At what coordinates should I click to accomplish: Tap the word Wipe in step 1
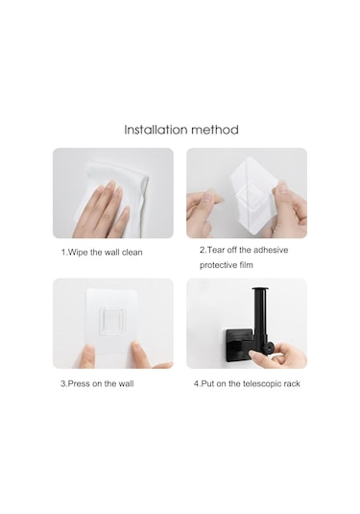[x=78, y=253]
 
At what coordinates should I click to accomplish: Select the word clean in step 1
[x=132, y=253]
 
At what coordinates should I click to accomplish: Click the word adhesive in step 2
[x=271, y=250]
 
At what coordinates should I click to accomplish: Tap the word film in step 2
[x=246, y=264]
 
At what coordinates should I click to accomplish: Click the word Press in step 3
[x=79, y=383]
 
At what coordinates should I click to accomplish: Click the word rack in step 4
[x=292, y=383]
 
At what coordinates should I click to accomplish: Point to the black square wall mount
[x=237, y=344]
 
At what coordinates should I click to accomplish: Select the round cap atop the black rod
[x=260, y=289]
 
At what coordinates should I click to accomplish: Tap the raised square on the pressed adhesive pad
[x=112, y=322]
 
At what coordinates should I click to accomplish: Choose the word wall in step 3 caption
[x=126, y=383]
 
